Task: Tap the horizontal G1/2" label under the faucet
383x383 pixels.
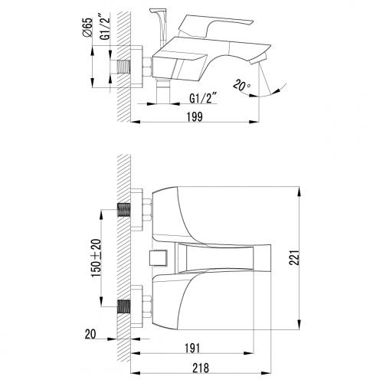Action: pyautogui.click(x=204, y=98)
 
